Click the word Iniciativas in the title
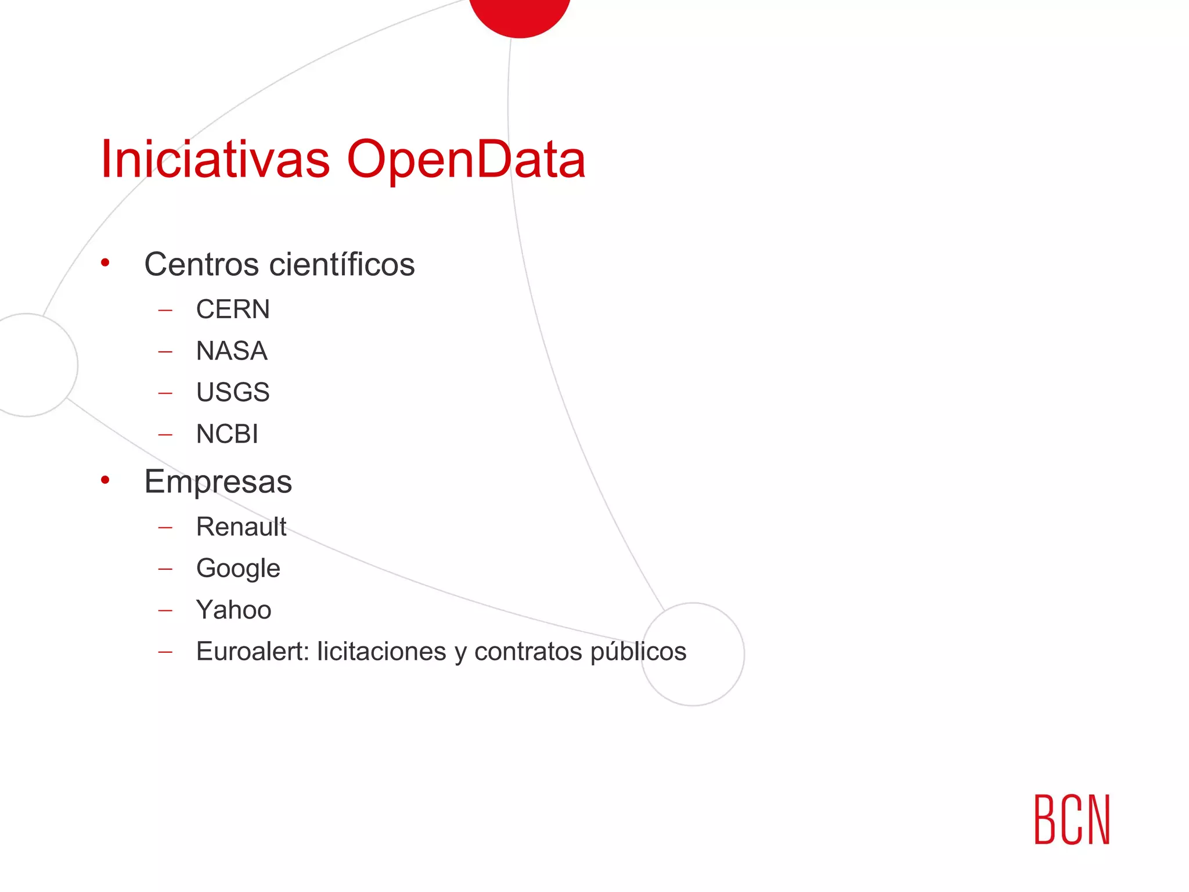click(215, 159)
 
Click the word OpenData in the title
click(466, 160)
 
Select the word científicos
click(343, 264)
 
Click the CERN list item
click(233, 309)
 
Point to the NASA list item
click(232, 351)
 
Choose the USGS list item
click(233, 392)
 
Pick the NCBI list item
click(227, 434)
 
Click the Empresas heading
click(218, 482)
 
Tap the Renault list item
click(241, 527)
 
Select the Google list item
click(238, 569)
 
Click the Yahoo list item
click(233, 610)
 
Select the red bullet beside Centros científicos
click(105, 263)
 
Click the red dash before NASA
click(165, 351)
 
